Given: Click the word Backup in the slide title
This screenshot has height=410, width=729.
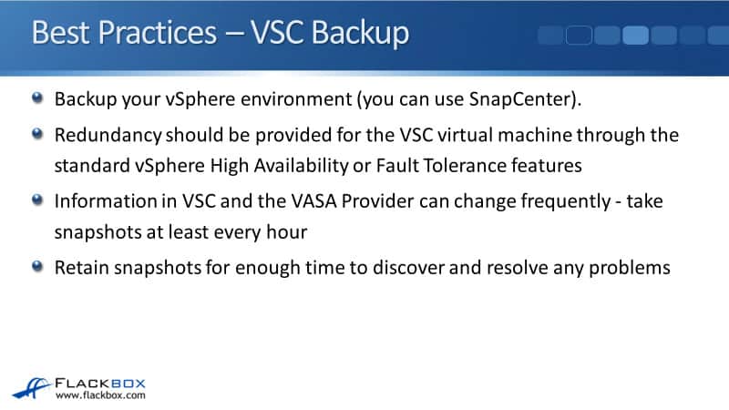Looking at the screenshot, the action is click(x=360, y=34).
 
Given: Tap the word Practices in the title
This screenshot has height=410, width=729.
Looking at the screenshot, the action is click(x=157, y=33).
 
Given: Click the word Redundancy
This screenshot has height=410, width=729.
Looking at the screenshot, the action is click(x=108, y=135).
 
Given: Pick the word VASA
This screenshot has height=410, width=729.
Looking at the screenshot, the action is click(x=313, y=201).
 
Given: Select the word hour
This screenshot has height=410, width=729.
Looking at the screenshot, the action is click(x=287, y=231).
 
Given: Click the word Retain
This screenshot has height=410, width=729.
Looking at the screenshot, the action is click(x=82, y=268).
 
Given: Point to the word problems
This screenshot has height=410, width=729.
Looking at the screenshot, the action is click(x=630, y=268).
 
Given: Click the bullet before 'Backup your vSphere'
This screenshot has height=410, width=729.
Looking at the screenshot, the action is click(x=37, y=97).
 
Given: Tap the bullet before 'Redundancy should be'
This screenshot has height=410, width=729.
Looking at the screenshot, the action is click(x=37, y=134).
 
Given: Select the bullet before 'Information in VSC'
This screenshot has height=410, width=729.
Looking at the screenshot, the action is click(x=37, y=200).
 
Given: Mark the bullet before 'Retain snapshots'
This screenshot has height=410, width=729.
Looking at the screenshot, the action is click(x=37, y=266).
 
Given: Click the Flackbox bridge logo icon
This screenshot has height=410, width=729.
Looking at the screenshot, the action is click(x=32, y=389).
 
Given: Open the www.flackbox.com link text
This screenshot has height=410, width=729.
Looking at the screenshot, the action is click(x=100, y=395).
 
